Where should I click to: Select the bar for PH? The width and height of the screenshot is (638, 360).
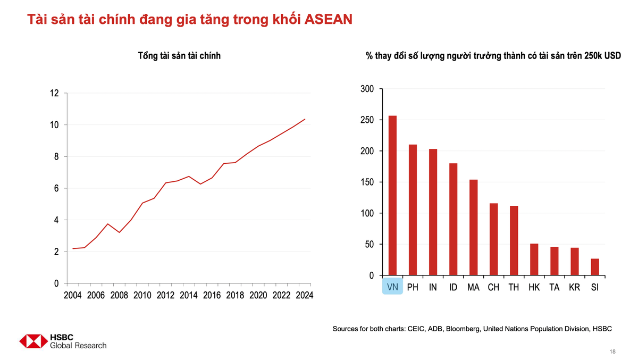coord(413,210)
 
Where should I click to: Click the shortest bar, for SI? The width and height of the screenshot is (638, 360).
coord(594,267)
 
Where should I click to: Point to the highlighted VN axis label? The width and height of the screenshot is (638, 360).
coord(392,288)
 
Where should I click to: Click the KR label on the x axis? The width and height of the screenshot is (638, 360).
coord(574,288)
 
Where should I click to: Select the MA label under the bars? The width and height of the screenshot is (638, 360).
coord(473,288)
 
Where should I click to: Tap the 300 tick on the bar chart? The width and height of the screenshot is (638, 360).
coord(367,89)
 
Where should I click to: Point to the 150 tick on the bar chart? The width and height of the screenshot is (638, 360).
coord(367,182)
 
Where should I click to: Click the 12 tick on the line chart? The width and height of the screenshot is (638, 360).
coord(54,93)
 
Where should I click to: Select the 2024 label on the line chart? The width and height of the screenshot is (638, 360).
coord(304,295)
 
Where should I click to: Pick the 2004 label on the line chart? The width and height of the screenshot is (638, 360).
coord(73,295)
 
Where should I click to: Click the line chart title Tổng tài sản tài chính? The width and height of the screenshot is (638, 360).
coord(179,55)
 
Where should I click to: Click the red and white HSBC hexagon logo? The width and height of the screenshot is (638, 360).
coord(33,341)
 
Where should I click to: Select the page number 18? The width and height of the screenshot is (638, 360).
coord(612,351)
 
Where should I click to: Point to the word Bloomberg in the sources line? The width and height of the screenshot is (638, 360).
coord(463,329)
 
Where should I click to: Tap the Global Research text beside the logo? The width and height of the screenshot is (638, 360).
coord(78,345)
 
